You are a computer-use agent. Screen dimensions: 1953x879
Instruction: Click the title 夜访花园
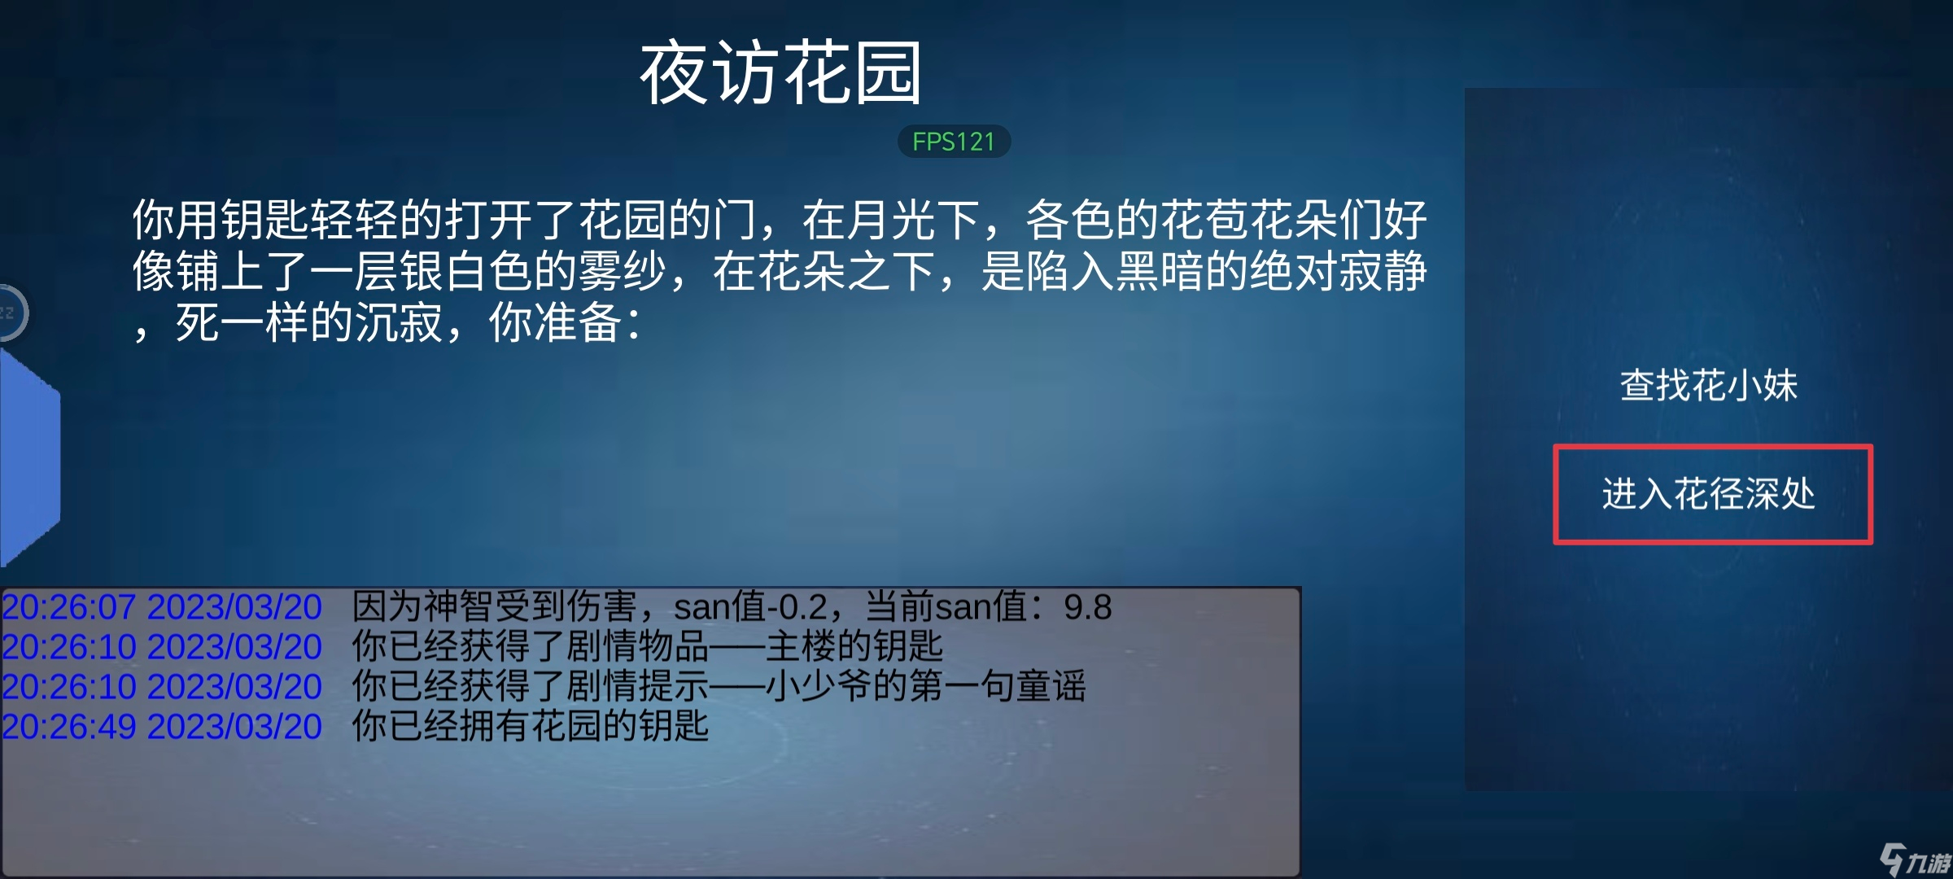click(x=781, y=73)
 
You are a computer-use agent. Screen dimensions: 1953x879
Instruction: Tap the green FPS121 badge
click(x=954, y=142)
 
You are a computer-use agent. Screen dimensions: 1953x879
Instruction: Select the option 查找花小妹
click(x=1709, y=385)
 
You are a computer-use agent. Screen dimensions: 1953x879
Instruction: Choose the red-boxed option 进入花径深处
click(x=1709, y=494)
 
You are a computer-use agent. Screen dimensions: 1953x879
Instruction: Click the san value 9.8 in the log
click(x=1088, y=607)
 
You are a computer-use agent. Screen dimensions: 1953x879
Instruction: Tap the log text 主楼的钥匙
click(x=854, y=647)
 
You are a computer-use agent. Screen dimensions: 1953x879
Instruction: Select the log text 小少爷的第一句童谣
click(x=925, y=687)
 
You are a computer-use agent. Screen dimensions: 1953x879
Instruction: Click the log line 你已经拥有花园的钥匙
click(x=531, y=727)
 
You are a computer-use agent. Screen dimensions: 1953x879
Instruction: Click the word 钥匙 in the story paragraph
click(x=266, y=220)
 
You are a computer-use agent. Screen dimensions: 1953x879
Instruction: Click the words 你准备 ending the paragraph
click(x=556, y=323)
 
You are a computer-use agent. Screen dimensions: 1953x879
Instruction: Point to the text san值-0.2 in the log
click(x=751, y=607)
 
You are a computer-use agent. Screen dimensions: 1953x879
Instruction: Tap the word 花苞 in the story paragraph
click(x=1204, y=220)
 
